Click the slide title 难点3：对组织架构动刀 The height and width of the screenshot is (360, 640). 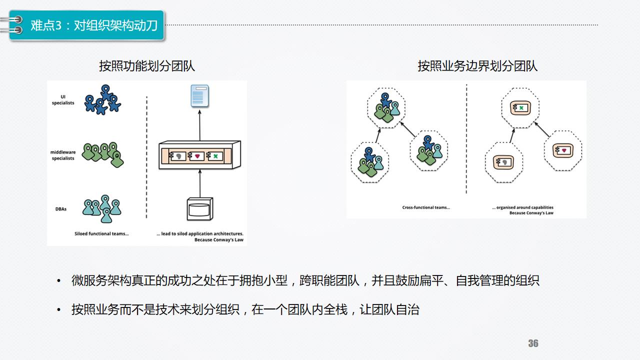point(94,25)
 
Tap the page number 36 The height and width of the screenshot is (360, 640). point(533,343)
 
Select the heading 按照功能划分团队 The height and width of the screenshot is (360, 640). point(147,66)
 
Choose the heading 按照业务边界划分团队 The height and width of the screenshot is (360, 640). point(477,66)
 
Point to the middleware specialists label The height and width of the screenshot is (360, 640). point(63,155)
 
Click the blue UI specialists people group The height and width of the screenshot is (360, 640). point(102,100)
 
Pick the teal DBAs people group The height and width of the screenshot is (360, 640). point(103,207)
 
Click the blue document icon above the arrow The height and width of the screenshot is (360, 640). point(199,95)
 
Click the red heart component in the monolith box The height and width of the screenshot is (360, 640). point(197,156)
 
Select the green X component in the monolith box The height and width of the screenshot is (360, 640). point(215,156)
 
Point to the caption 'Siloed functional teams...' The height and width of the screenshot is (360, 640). point(101,233)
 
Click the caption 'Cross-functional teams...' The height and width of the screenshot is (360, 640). point(426,207)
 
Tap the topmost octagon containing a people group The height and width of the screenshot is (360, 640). point(386,108)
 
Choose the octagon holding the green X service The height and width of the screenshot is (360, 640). point(520,108)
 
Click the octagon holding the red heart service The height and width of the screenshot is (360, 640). point(563,150)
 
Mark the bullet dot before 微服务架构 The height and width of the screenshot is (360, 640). point(59,280)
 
